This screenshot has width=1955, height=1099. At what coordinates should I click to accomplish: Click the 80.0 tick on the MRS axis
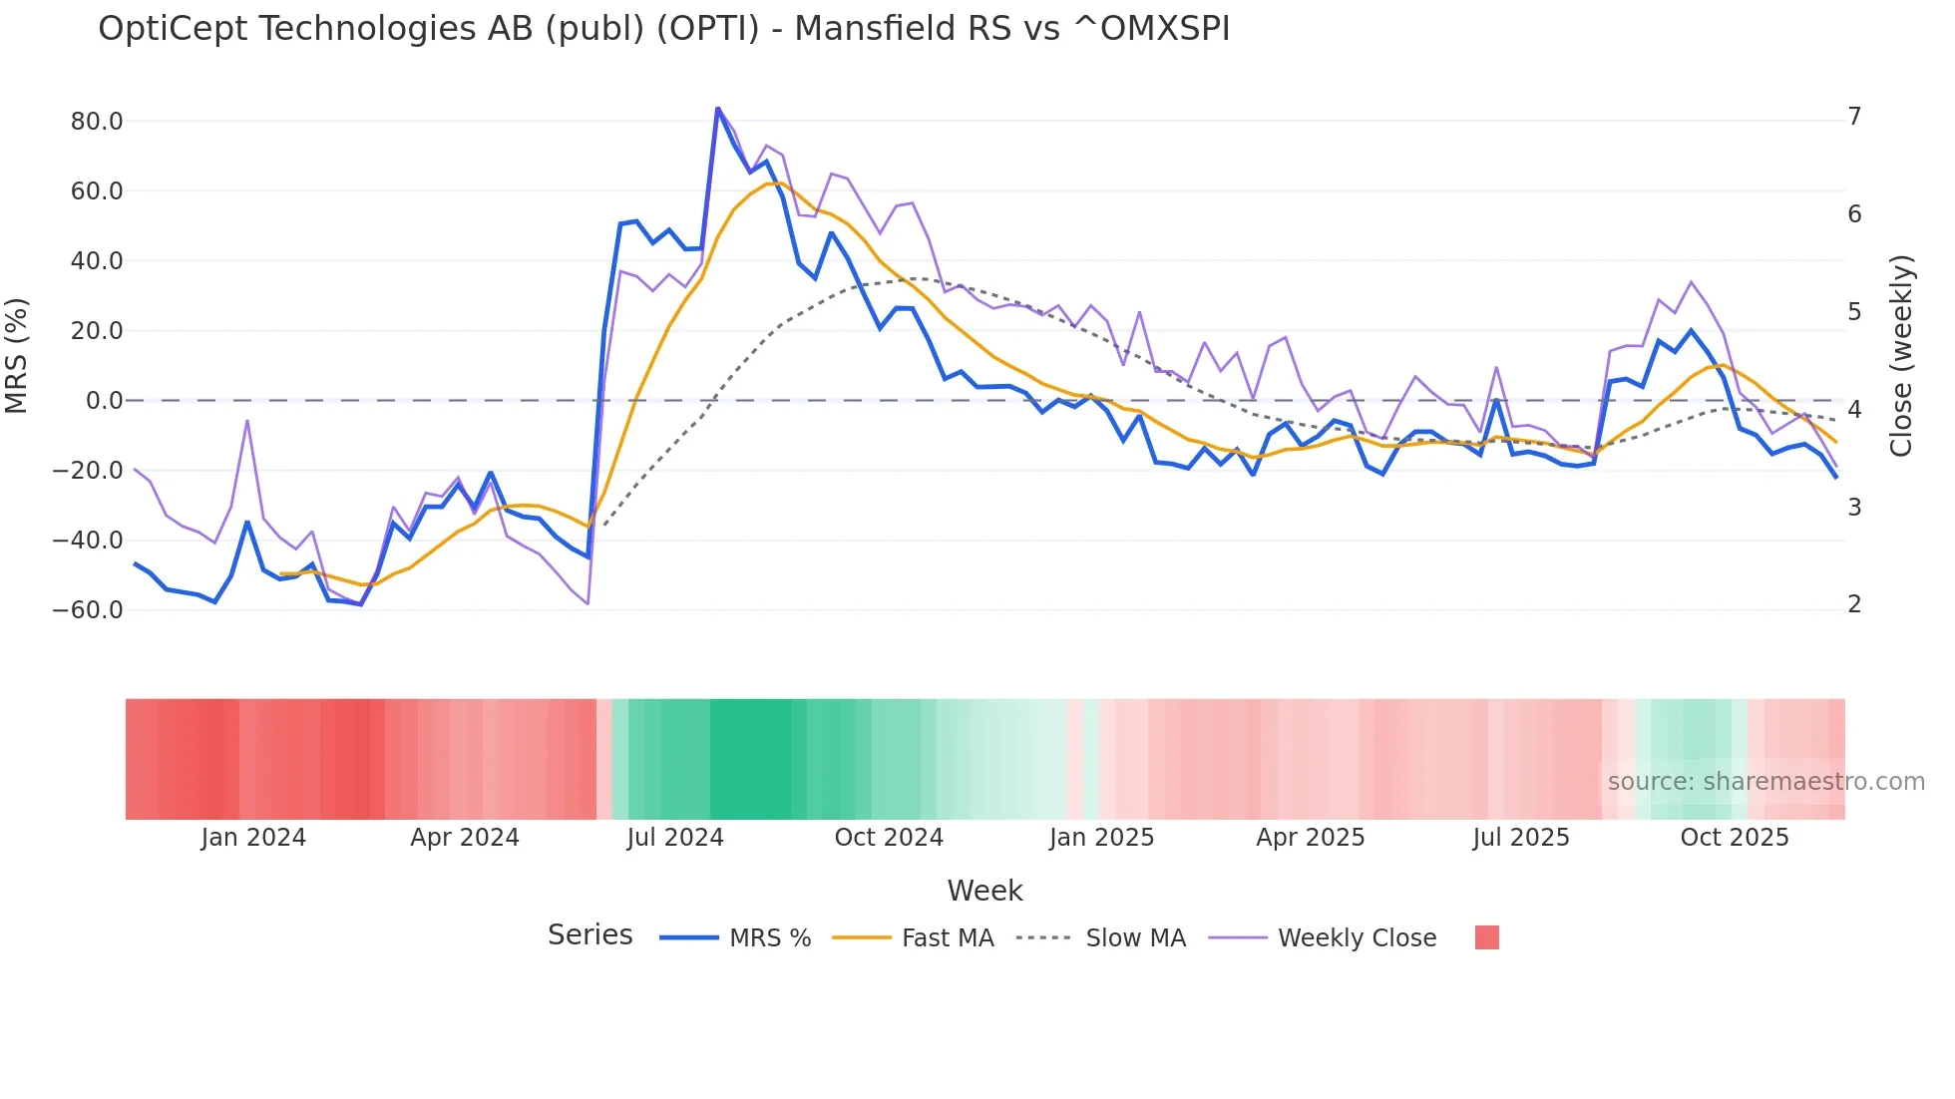click(96, 122)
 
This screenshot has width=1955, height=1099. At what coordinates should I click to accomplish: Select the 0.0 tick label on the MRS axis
click(104, 401)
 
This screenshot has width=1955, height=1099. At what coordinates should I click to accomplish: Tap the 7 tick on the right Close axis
click(1854, 117)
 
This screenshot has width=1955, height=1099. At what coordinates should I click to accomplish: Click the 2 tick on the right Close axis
click(1854, 604)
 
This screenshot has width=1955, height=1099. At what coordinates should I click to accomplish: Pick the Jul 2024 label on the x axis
click(674, 838)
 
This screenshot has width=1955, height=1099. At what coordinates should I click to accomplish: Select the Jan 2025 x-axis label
click(1101, 838)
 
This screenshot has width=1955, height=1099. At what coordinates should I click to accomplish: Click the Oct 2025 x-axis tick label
click(1734, 838)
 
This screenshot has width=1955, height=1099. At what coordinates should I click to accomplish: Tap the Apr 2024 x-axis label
click(465, 838)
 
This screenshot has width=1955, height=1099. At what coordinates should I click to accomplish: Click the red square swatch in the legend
click(1486, 937)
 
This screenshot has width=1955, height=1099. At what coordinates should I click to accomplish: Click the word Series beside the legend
click(589, 935)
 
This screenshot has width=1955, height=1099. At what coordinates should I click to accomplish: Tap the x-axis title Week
click(984, 891)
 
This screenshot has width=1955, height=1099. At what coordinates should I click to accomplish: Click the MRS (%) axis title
click(17, 355)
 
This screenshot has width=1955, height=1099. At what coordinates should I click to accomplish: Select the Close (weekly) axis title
click(1901, 356)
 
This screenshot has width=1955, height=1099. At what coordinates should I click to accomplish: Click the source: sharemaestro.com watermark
click(1765, 782)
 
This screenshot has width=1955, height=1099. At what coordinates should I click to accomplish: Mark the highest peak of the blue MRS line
click(717, 108)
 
